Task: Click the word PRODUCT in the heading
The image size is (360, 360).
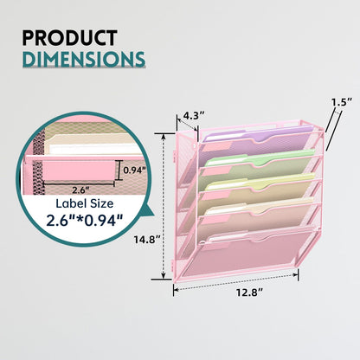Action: tap(69, 38)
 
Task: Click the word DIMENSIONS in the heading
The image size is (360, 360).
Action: tap(84, 59)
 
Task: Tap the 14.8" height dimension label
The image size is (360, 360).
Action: tap(146, 240)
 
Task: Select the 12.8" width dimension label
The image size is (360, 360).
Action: tap(250, 292)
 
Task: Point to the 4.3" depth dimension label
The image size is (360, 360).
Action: tap(194, 116)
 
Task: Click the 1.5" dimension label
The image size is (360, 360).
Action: tap(342, 102)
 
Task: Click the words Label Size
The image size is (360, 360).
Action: tap(85, 203)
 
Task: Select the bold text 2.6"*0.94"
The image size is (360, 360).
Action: tap(85, 221)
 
